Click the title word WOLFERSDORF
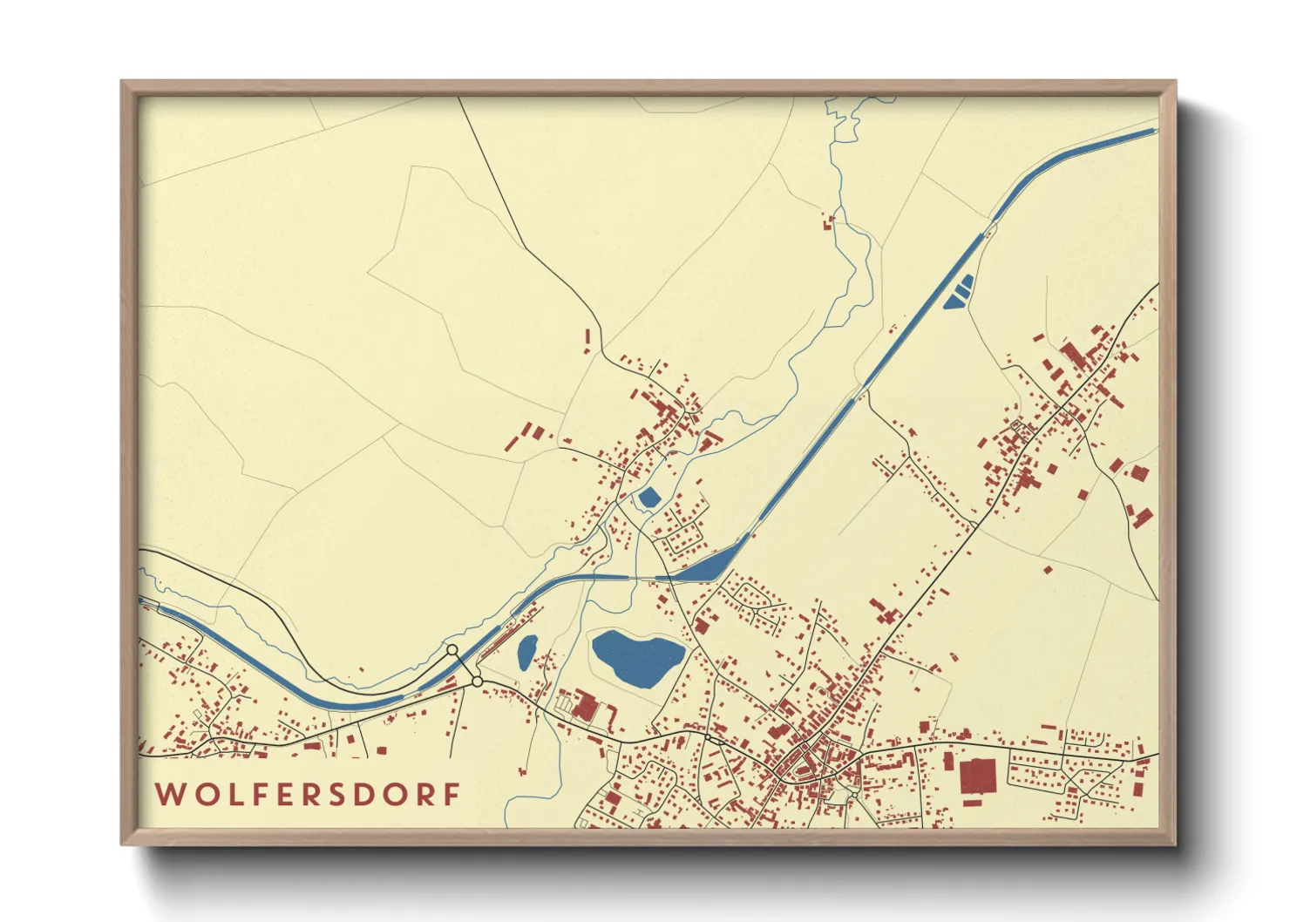point(308,795)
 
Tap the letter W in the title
point(168,795)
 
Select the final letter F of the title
point(451,795)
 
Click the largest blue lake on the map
point(636,657)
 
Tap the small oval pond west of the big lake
point(526,652)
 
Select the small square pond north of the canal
point(649,498)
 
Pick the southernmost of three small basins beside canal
point(951,304)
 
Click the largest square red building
point(977,775)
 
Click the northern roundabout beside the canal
point(451,650)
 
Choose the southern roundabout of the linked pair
point(477,681)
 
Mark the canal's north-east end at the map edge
point(1152,132)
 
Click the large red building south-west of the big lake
point(583,707)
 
